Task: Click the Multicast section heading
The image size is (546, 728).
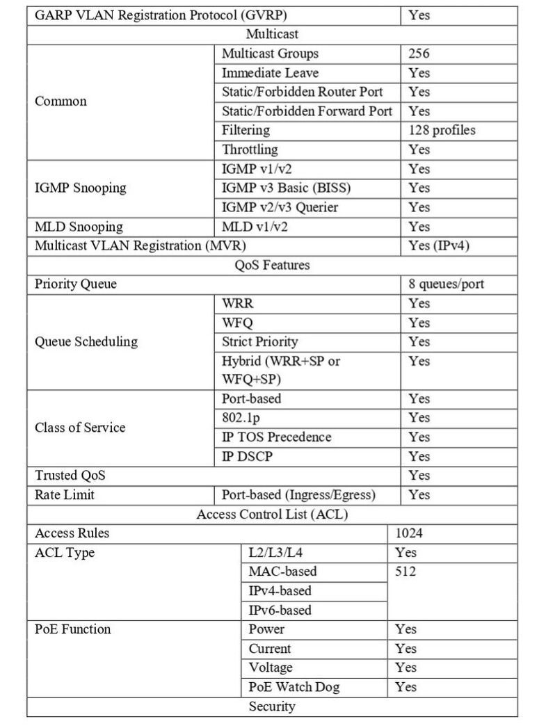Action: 272,34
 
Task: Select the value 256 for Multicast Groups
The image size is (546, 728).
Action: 419,54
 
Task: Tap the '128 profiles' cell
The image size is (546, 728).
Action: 443,130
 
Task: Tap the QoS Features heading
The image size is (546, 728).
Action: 272,265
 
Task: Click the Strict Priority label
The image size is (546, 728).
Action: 259,342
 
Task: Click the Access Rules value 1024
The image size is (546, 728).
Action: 409,534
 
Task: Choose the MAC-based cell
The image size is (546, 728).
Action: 282,572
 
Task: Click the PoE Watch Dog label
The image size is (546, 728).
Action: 294,687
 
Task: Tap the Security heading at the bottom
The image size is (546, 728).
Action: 272,706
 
